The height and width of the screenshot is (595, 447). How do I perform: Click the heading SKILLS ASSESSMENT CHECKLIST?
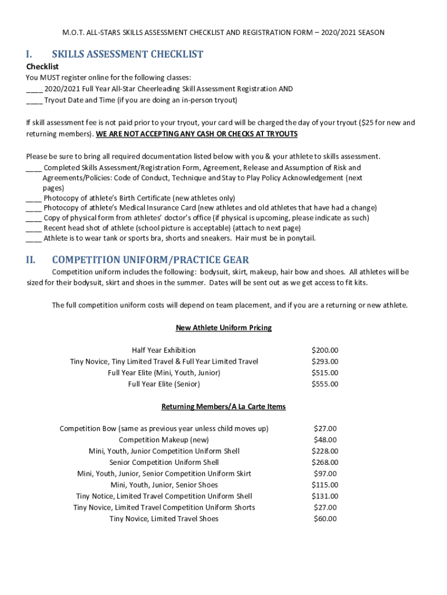127,55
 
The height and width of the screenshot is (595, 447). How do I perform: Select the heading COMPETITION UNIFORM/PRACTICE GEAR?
150,260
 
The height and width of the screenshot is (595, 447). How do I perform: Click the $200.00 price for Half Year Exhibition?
325,350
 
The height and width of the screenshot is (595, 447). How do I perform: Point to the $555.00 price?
325,384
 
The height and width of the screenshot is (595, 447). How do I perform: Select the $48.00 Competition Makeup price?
325,440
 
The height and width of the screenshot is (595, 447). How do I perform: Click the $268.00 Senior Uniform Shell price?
325,463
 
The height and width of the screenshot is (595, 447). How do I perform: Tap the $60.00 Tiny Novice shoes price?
325,519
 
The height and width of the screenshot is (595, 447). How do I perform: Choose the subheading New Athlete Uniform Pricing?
223,328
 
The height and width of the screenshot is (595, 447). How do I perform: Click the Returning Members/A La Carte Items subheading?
223,407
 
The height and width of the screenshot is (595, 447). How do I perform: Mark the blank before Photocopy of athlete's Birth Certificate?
34,198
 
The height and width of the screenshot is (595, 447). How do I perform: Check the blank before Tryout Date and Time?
34,100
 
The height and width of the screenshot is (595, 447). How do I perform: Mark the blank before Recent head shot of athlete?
34,228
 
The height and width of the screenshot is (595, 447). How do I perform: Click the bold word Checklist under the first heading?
42,67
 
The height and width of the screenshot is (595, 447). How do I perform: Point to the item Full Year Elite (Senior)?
164,384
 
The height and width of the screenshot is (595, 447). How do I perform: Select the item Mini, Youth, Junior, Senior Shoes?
164,485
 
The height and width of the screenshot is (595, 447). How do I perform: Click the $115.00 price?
325,485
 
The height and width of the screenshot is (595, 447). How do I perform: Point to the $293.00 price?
325,361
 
